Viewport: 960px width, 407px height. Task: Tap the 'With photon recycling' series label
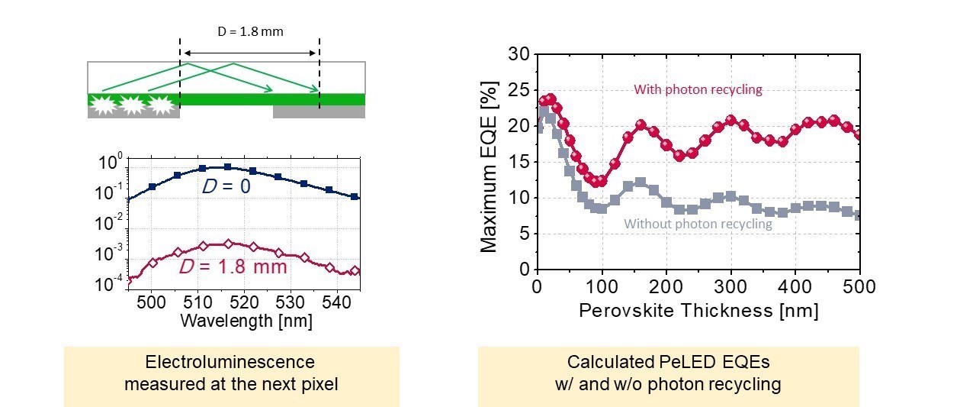pos(698,89)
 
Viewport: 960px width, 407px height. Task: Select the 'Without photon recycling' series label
pos(698,224)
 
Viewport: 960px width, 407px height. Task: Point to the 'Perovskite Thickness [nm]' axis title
pos(698,311)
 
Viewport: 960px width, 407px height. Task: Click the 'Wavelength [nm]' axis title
pos(246,321)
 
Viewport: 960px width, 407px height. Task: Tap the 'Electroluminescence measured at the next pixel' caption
pos(230,373)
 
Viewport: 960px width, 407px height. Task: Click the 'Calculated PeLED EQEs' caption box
pos(668,373)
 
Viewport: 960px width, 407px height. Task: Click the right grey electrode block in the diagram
pos(319,112)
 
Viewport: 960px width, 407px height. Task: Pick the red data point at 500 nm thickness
pos(859,135)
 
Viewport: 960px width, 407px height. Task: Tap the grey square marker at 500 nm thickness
pos(859,215)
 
